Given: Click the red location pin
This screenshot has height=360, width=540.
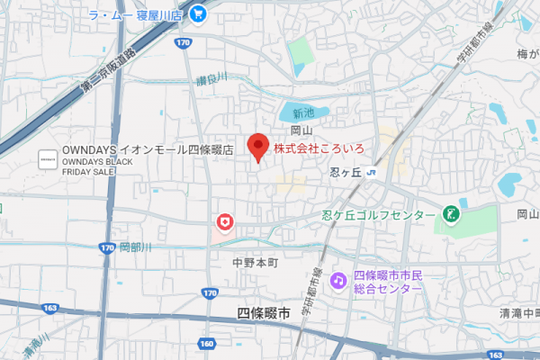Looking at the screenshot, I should click(259, 147).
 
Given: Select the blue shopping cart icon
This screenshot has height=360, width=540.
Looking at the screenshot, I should click(198, 14).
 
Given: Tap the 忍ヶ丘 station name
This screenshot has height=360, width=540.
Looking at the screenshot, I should click(343, 173).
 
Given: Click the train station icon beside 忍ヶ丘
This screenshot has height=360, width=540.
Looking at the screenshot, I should click(371, 173).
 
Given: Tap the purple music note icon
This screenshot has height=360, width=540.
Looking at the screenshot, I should click(338, 282).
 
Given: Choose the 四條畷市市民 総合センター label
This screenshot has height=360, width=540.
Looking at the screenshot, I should click(388, 283).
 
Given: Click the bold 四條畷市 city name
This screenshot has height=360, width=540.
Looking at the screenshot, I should click(264, 314).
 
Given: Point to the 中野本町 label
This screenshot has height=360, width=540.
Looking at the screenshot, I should click(256, 263).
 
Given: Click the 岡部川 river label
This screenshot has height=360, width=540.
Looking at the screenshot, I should click(136, 247).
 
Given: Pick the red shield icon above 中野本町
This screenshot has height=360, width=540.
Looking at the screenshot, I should click(224, 221).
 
